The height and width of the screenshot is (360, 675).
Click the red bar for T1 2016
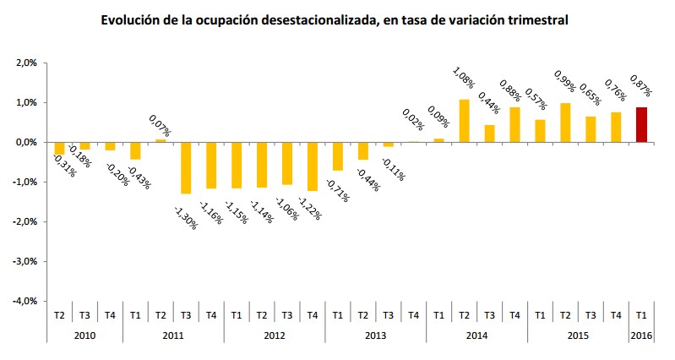641,125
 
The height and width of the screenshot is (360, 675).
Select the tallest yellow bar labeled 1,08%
464,121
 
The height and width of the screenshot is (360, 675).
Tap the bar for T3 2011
186,167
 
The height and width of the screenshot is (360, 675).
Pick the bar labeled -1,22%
313,166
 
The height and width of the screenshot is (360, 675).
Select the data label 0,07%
160,126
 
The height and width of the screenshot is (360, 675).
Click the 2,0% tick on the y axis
26,63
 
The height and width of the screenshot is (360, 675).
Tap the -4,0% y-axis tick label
25,301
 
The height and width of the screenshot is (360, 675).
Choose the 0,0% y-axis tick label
26,142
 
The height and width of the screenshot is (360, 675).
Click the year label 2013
375,335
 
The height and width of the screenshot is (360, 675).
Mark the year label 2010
84,335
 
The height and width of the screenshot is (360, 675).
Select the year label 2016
641,335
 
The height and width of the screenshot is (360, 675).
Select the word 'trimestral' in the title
536,19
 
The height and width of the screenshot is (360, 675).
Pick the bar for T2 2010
59,149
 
